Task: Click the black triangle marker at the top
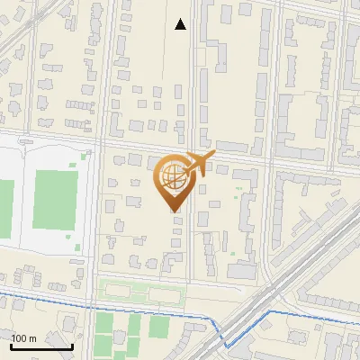[181, 24]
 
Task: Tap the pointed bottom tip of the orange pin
[173, 211]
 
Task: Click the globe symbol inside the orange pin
[172, 178]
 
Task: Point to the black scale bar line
[41, 346]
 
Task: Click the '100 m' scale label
[25, 338]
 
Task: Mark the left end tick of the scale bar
[11, 344]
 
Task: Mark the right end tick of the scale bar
[72, 344]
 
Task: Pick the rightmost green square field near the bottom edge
[159, 327]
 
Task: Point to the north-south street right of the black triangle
[195, 54]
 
